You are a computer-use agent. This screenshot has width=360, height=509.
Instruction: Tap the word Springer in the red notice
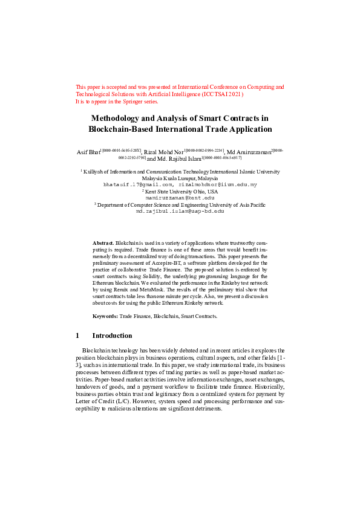pos(130,102)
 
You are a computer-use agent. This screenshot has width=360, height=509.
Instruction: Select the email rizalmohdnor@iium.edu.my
pos(217,184)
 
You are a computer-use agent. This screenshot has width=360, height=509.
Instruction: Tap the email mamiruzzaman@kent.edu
pos(180,198)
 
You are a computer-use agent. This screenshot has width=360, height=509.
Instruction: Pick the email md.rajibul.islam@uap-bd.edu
pos(180,211)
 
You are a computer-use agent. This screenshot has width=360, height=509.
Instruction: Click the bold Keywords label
pos(105,316)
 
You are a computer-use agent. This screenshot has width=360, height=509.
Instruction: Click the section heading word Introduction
pos(112,336)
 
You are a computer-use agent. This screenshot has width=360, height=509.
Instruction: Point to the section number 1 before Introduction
pos(77,336)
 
